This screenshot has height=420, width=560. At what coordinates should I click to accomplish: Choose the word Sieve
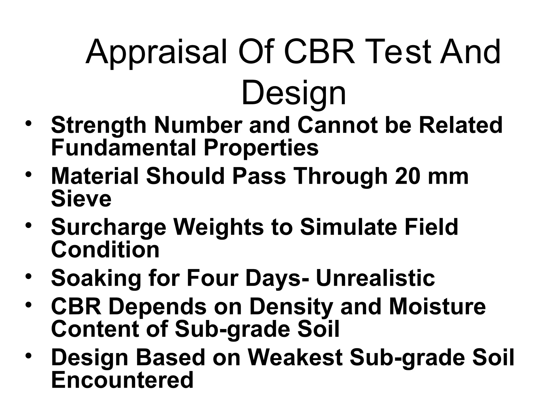click(81, 199)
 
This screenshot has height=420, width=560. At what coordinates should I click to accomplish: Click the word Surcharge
click(109, 228)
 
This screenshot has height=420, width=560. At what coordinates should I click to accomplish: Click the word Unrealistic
click(375, 278)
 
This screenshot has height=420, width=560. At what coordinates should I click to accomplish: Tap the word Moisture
click(437, 307)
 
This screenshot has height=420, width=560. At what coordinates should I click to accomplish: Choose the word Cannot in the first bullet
click(337, 125)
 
